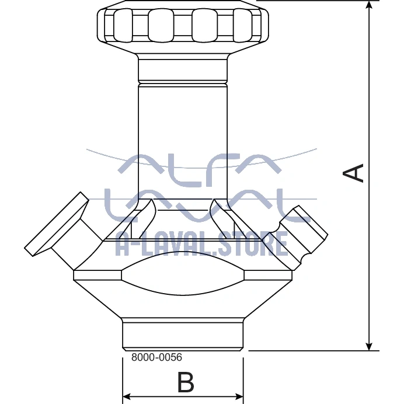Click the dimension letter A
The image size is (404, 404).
click(353, 173)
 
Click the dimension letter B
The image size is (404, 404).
click(186, 382)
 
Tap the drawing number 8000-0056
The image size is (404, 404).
click(156, 357)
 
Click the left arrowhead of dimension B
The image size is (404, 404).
click(127, 396)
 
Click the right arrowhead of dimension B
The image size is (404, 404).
click(239, 396)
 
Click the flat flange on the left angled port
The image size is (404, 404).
click(57, 224)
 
